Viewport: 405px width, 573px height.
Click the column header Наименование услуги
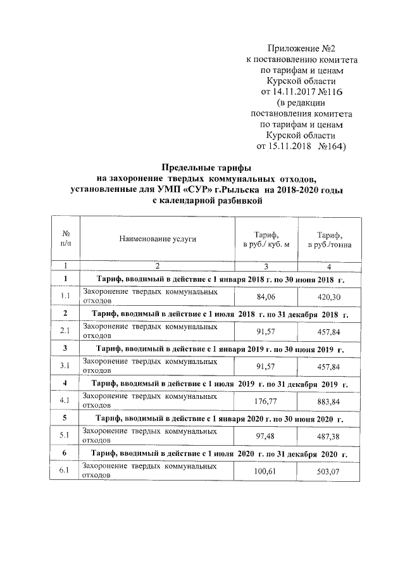point(156,239)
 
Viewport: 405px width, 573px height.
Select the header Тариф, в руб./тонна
point(330,239)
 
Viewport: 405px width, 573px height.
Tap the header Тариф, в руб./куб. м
point(266,239)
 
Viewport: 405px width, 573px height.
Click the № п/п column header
point(65,239)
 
